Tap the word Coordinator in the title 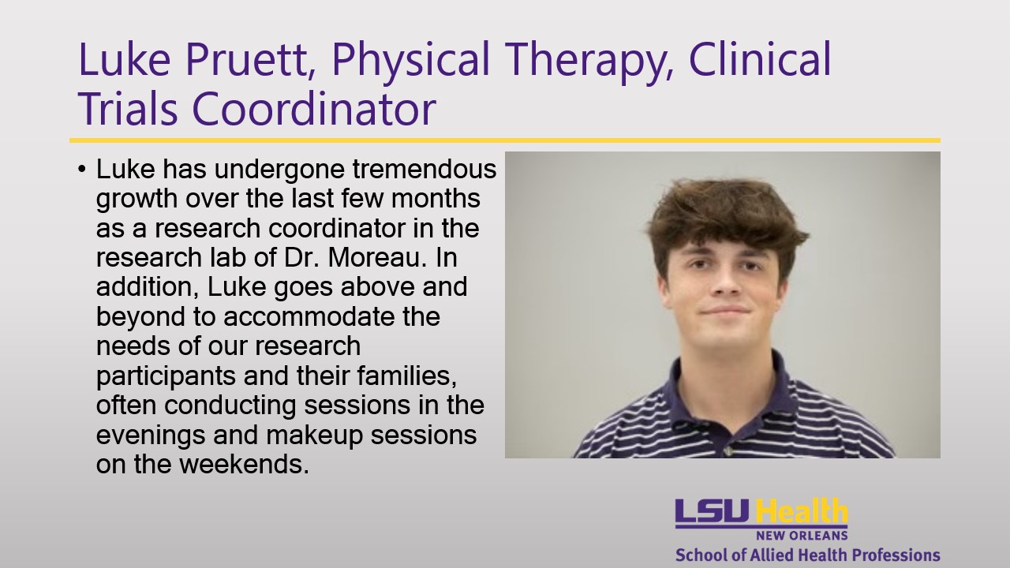click(314, 108)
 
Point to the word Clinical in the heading click(760, 58)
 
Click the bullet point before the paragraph click(81, 170)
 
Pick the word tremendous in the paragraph click(425, 169)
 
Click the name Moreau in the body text click(377, 257)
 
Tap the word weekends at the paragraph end click(244, 465)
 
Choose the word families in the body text click(406, 376)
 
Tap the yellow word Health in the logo click(801, 510)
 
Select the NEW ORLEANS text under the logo click(802, 536)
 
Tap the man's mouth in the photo click(726, 311)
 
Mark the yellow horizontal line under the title click(505, 140)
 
